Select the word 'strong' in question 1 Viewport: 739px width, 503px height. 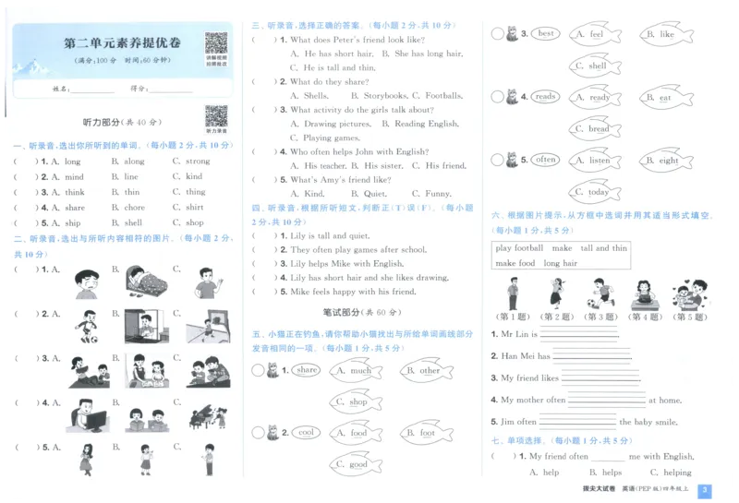197,162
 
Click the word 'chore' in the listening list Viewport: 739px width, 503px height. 135,208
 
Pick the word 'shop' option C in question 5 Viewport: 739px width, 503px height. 194,222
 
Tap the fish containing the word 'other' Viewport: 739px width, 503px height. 429,371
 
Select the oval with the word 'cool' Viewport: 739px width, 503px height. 307,433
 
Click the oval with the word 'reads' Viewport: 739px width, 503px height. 546,97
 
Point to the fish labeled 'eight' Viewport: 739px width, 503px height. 668,161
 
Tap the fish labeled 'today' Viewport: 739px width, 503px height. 598,192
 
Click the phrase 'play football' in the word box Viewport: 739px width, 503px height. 519,248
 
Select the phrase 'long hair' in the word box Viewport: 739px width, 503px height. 560,263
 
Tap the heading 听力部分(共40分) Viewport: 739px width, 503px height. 122,122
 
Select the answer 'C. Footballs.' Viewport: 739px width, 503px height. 441,95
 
